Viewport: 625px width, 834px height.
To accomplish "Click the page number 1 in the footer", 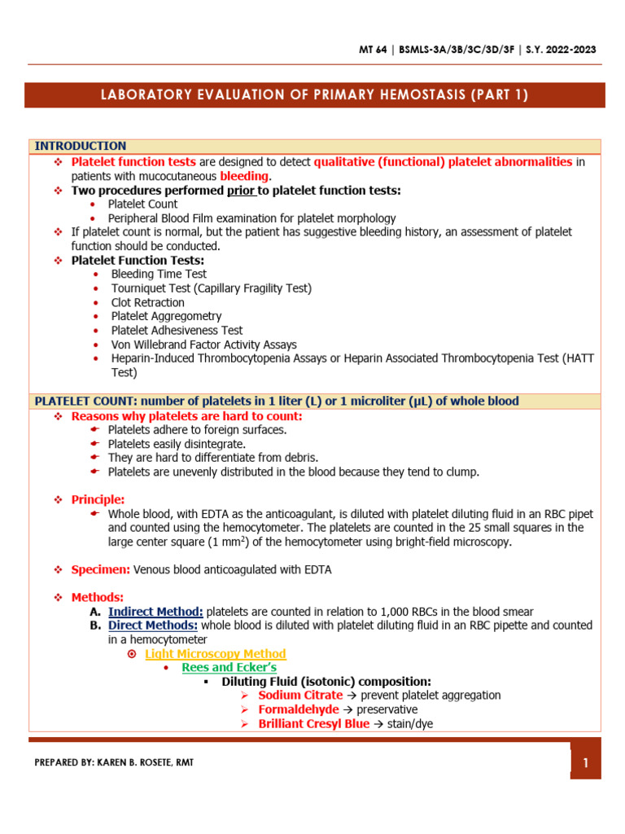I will coord(584,763).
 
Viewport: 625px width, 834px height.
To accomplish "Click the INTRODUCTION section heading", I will coord(80,146).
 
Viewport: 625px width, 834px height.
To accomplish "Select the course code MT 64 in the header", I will coord(376,50).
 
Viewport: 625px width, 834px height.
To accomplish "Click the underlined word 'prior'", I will coord(240,190).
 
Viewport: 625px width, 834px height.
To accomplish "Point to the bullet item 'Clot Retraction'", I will coord(147,302).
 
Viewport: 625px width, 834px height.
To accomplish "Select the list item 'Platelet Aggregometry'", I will coord(166,316).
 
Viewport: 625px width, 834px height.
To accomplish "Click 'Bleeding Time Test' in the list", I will coord(159,274).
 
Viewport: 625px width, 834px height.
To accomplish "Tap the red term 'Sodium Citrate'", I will coord(300,696).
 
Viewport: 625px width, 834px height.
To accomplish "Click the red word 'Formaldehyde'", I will coord(298,709).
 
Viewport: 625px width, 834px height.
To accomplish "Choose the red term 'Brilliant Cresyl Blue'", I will coord(313,723).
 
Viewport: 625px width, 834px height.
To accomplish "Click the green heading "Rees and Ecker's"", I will coord(229,667).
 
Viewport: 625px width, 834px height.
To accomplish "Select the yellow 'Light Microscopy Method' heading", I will coord(215,653).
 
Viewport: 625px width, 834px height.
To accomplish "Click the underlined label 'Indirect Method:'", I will coord(155,612).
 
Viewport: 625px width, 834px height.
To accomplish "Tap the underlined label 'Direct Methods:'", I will coord(152,625).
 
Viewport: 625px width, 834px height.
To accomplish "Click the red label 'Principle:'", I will coord(98,499).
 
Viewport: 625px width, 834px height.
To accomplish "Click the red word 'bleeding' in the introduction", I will coord(244,176).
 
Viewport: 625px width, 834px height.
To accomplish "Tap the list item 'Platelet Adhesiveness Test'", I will coord(177,330).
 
